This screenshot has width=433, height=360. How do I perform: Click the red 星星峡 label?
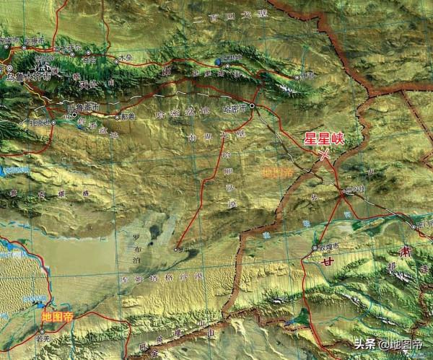click(324, 139)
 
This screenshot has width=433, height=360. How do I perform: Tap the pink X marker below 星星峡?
click(326, 153)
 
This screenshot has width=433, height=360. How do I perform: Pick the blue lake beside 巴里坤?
click(219, 61)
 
